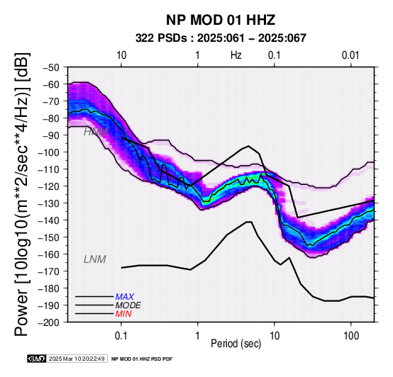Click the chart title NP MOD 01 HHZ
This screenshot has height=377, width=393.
point(221,20)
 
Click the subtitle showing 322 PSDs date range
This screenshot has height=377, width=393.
point(221,38)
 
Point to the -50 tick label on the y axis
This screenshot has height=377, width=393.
point(51,67)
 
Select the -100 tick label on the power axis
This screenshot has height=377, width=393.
point(49,152)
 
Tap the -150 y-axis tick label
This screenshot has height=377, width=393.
point(49,237)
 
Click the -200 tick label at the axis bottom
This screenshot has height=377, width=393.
point(49,322)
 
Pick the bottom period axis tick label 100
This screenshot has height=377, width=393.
point(351,336)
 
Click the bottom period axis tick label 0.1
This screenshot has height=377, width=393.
point(121,336)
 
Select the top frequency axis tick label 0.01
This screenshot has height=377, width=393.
point(350,55)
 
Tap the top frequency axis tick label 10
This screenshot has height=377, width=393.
point(121,55)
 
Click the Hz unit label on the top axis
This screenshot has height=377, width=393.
point(236,55)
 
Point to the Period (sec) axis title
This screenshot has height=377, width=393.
point(236,344)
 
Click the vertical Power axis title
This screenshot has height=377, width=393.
point(22,194)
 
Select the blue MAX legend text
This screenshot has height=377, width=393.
point(125,297)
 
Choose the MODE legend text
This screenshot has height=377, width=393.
point(128,305)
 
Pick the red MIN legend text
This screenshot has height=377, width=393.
point(123,314)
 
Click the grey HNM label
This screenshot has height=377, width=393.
point(95,132)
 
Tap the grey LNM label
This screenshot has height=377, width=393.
point(95,259)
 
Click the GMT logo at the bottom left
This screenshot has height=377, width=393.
point(37,359)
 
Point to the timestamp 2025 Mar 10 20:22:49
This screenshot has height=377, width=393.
point(77,359)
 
